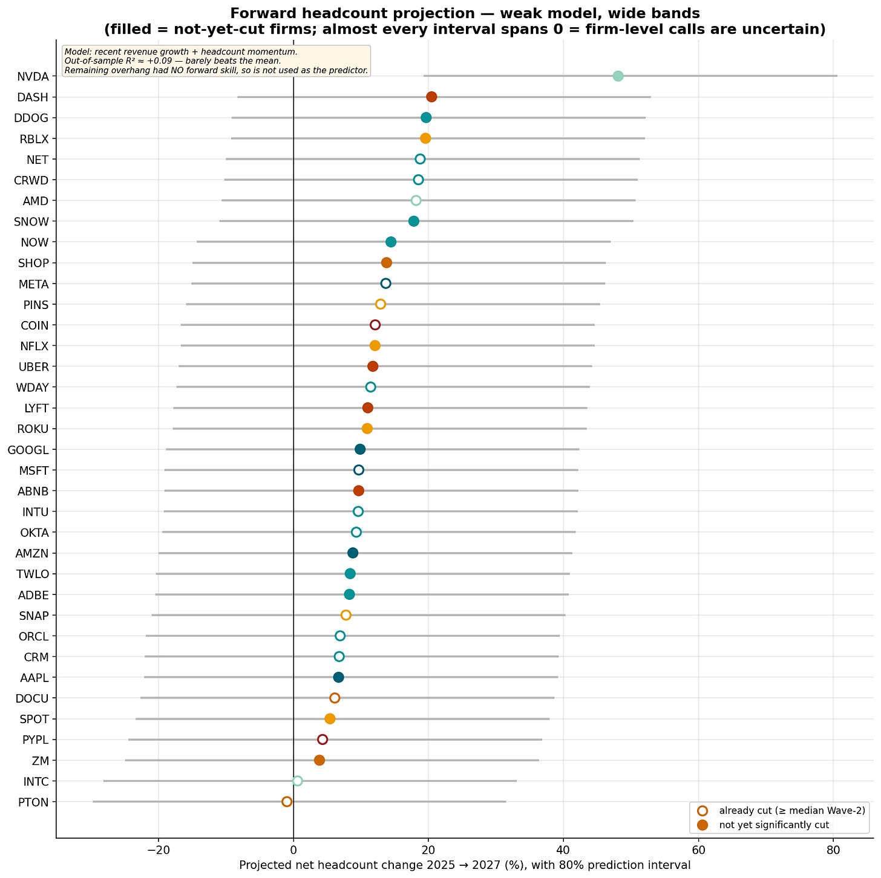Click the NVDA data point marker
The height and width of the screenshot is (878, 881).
click(618, 76)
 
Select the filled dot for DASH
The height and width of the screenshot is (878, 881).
click(431, 97)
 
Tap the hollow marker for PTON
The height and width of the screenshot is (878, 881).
click(287, 801)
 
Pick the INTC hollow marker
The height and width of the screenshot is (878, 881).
click(297, 781)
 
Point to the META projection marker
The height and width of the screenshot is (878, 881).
click(385, 284)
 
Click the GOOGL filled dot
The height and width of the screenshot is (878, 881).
click(360, 449)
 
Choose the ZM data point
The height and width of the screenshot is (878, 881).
click(319, 760)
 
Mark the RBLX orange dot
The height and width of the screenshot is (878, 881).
click(425, 138)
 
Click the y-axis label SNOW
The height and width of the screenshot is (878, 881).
click(31, 222)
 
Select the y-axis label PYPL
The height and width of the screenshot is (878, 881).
click(35, 740)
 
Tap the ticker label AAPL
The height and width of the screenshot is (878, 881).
click(34, 678)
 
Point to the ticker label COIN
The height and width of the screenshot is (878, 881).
click(34, 325)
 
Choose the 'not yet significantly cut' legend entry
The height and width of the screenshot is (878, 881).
click(773, 825)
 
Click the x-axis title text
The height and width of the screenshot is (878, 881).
click(465, 865)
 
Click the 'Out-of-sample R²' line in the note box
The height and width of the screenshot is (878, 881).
click(173, 61)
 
